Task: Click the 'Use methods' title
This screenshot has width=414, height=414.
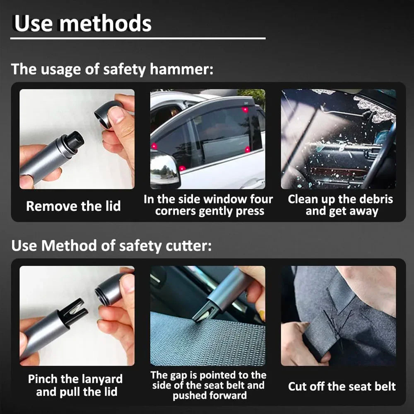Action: coord(83,24)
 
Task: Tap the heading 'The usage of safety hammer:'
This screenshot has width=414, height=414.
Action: coord(112,69)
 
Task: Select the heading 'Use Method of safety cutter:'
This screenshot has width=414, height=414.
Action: coord(111,246)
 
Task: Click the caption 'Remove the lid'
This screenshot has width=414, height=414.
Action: coord(73,206)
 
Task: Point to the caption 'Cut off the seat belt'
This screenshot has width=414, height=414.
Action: coord(342,387)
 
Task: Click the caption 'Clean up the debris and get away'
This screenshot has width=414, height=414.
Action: coord(340,205)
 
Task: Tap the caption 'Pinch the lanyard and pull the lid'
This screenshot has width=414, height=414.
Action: coord(75,385)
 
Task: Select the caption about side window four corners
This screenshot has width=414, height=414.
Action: coord(208,205)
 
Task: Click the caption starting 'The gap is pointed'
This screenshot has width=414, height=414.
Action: coord(208,385)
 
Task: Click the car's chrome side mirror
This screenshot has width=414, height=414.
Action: coord(164,168)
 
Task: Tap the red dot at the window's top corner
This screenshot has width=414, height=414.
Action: coord(245,110)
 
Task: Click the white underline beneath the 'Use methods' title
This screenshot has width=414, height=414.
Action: coord(138,39)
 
